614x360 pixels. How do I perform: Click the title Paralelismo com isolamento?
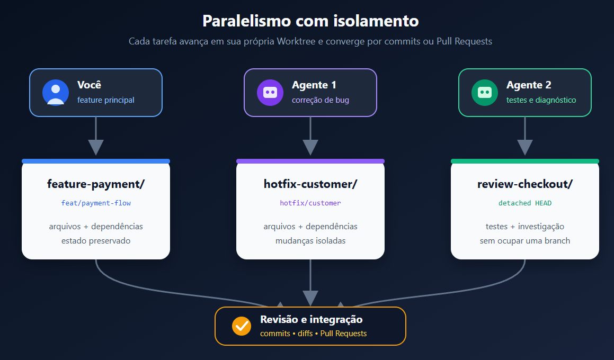(x=310, y=21)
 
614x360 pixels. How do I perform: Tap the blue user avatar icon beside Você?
(x=56, y=93)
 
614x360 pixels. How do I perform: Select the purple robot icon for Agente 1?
(x=270, y=93)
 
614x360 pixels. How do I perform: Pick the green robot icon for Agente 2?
(x=485, y=93)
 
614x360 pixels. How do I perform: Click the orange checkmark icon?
(x=242, y=326)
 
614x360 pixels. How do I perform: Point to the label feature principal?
(x=106, y=100)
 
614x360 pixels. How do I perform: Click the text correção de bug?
(x=321, y=100)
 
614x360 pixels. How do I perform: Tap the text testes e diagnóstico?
(x=541, y=100)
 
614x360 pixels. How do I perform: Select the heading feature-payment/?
(x=96, y=184)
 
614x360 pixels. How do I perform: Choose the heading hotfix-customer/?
(x=310, y=184)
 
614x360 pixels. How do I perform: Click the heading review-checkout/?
(x=525, y=184)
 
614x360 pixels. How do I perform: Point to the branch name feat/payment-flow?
(x=96, y=203)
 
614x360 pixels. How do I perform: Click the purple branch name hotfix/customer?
(x=310, y=203)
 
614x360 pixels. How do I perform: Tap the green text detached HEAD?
(x=525, y=203)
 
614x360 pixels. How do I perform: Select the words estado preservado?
(x=96, y=241)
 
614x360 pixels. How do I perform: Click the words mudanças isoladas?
(x=310, y=241)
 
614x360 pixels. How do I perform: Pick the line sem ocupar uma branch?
(x=525, y=241)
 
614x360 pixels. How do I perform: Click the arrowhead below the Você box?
(x=96, y=148)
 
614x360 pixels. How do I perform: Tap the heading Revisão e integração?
(x=312, y=319)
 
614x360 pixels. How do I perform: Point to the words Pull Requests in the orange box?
(x=343, y=334)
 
